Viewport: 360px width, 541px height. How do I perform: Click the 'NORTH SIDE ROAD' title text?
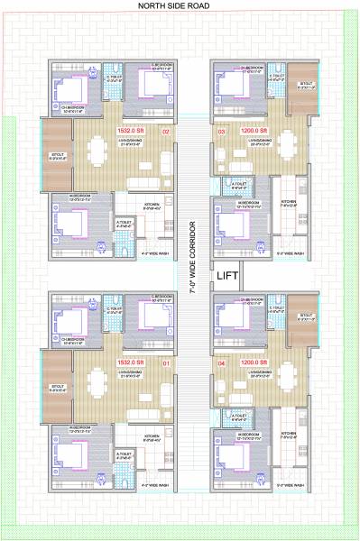click(180, 6)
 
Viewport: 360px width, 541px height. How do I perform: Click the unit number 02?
click(166, 132)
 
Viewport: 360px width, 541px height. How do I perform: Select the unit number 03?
click(221, 132)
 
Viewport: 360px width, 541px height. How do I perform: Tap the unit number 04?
click(221, 363)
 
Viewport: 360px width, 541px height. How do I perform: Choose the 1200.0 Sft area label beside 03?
click(254, 132)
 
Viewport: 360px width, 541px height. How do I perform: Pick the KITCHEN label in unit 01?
click(152, 436)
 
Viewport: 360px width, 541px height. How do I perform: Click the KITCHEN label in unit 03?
click(288, 202)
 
